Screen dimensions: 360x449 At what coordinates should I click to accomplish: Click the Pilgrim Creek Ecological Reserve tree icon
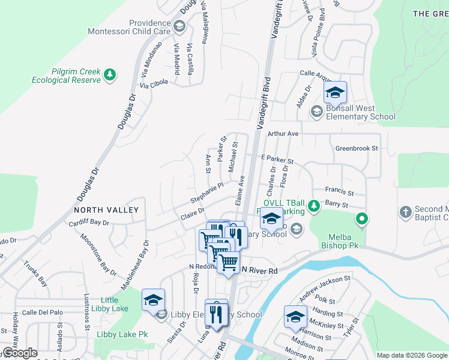coord(110,74)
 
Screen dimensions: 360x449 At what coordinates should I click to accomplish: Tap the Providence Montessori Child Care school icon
coord(179,26)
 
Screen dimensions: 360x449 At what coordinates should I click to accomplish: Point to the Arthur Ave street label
coord(283,133)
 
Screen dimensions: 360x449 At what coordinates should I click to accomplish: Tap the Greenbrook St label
coord(357,148)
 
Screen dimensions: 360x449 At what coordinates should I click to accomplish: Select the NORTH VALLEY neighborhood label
coord(106,210)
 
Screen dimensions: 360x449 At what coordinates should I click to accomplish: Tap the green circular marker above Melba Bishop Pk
coord(361,220)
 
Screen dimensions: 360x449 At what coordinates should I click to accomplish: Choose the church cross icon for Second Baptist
coord(406,212)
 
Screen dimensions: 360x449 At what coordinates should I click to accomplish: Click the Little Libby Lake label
coord(114,304)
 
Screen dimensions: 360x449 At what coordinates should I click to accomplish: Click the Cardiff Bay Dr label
coord(89,222)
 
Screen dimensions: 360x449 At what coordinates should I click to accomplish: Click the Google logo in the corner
coord(20,353)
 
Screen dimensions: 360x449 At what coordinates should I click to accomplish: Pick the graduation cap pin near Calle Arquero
coord(335,92)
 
